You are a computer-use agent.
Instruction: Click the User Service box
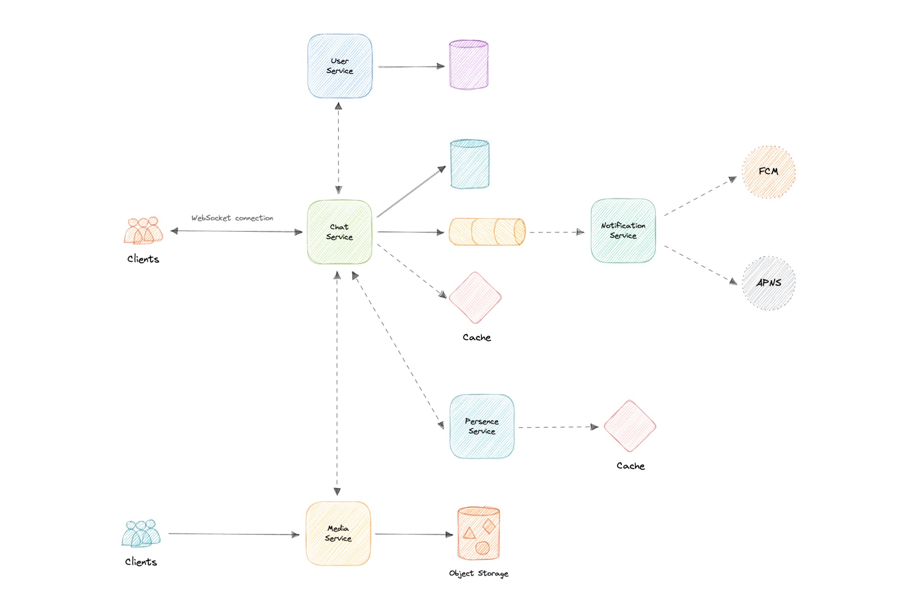[340, 66]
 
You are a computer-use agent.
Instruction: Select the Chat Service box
[339, 232]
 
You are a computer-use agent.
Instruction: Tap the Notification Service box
[623, 231]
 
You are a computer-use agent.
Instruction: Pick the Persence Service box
[482, 426]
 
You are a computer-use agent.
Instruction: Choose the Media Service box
[338, 533]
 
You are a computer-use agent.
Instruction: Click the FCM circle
[768, 172]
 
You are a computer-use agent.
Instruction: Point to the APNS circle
[768, 283]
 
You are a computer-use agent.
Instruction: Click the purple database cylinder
[469, 65]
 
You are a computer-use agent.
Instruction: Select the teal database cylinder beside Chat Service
[470, 164]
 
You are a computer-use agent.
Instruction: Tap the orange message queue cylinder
[487, 232]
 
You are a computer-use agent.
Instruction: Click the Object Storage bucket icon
[478, 533]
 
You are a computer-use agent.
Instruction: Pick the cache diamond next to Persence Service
[630, 426]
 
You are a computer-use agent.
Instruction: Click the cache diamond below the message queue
[475, 298]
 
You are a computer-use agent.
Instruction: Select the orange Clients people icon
[143, 231]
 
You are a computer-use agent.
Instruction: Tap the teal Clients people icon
[141, 533]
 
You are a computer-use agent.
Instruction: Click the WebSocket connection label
[232, 218]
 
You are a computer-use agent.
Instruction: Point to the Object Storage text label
[478, 573]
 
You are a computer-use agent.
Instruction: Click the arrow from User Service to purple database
[410, 66]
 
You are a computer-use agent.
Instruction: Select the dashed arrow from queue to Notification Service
[556, 232]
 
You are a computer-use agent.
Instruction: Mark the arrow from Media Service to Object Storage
[414, 534]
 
